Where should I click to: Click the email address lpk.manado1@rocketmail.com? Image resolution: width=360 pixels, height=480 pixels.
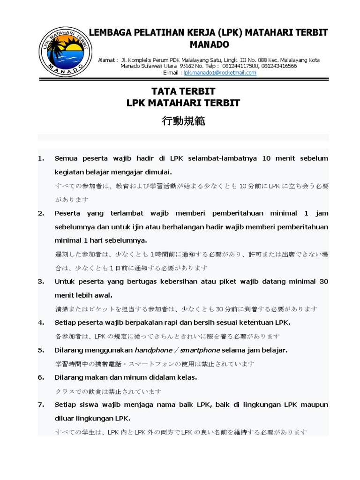point(220,73)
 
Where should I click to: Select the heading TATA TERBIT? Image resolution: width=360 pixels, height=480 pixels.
point(183,91)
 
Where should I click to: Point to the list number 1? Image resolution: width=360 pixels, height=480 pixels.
point(40,158)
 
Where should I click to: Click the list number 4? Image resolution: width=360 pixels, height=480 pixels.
point(40,323)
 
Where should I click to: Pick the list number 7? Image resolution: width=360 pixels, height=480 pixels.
point(40,404)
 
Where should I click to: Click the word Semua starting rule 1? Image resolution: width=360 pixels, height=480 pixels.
point(67,158)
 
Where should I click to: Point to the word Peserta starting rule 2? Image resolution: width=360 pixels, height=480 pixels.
point(68,213)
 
